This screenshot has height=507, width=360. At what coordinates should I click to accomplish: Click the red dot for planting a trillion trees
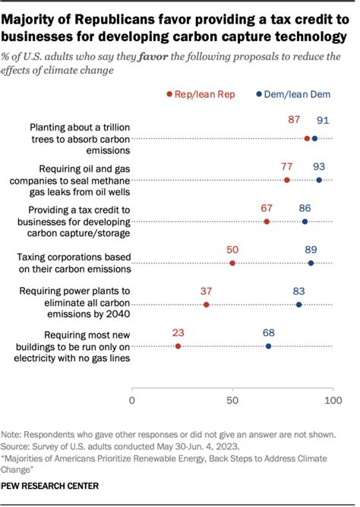(x=307, y=138)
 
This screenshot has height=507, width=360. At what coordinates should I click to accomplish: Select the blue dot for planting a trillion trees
(x=315, y=138)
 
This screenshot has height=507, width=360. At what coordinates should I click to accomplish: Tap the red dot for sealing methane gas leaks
(x=286, y=180)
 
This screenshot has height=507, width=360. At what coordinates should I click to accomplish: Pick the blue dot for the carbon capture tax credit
(x=305, y=222)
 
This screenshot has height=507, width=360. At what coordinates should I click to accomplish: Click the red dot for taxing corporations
(x=232, y=263)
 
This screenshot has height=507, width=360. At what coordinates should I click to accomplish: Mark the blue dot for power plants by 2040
(x=298, y=304)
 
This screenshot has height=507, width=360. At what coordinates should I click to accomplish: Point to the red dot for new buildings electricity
(x=178, y=346)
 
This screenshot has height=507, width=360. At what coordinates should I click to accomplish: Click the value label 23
(x=178, y=332)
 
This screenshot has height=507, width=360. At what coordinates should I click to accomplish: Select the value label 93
(x=319, y=166)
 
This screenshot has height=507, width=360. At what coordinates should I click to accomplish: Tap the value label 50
(x=232, y=249)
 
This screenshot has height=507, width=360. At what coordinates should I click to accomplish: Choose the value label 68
(x=268, y=332)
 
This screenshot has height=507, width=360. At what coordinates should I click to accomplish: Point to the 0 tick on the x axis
(x=132, y=399)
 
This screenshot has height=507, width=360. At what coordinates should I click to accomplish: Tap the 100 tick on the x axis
(x=331, y=399)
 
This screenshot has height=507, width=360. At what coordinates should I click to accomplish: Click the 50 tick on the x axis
(x=232, y=399)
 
